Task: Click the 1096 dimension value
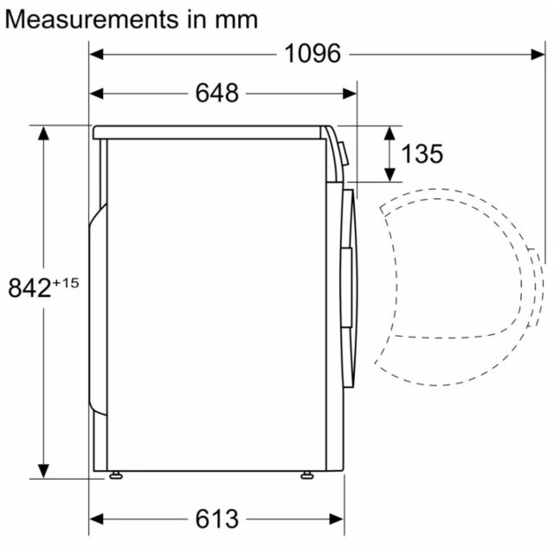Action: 312,54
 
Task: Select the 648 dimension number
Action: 217,93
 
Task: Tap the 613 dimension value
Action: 217,519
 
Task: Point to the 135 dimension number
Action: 422,154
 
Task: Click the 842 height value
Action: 29,287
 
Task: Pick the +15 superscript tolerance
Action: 66,283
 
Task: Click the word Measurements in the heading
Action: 92,19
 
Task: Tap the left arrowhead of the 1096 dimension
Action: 96,55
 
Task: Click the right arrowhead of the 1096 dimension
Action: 538,55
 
